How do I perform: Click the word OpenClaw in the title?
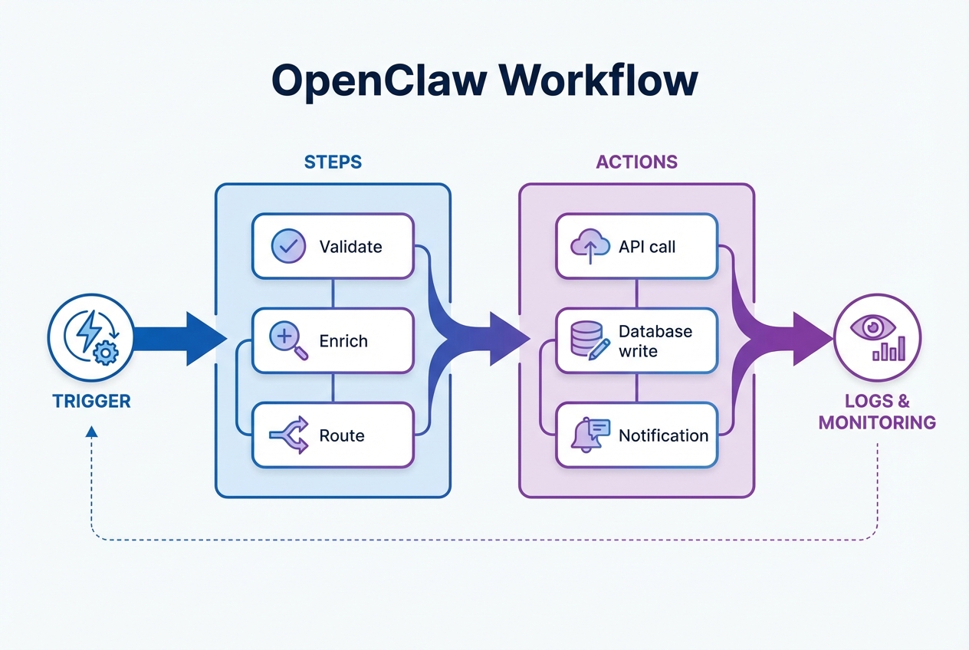[376, 80]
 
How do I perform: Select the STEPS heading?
[333, 162]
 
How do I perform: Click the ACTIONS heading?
[636, 162]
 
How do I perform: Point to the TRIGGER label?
[91, 401]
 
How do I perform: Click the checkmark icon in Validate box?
[288, 247]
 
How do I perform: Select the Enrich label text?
[343, 341]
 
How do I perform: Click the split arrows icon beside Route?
[289, 435]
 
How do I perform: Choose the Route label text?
[341, 435]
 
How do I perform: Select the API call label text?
[647, 247]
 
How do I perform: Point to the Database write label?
[655, 341]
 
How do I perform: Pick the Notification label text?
[663, 435]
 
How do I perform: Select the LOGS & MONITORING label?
[877, 412]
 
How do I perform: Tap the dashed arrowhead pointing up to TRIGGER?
[92, 432]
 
